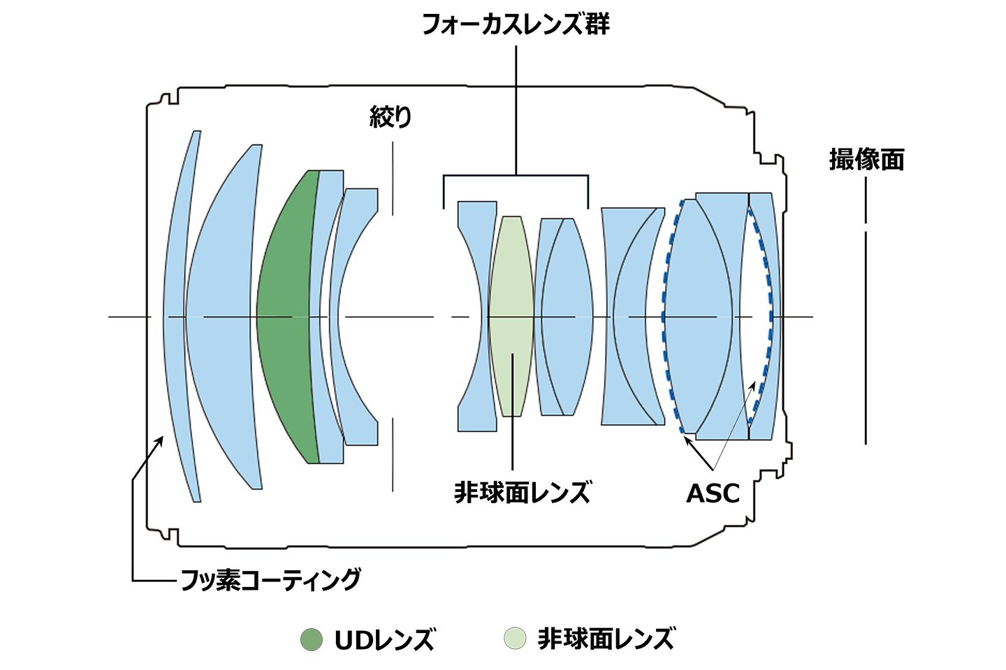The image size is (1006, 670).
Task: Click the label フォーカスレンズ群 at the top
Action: (x=515, y=25)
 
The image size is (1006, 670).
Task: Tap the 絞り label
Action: (x=391, y=117)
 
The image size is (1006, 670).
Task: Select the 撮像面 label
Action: (x=866, y=160)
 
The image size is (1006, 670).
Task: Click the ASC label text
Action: (x=713, y=493)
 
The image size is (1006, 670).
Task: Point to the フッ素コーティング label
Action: (x=271, y=579)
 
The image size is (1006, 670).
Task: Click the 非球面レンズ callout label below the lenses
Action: (x=522, y=493)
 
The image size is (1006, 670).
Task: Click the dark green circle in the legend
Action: (x=310, y=639)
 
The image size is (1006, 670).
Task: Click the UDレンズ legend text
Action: (x=384, y=639)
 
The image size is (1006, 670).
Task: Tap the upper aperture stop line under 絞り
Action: (x=393, y=178)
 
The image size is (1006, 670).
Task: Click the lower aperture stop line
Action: (x=393, y=454)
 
